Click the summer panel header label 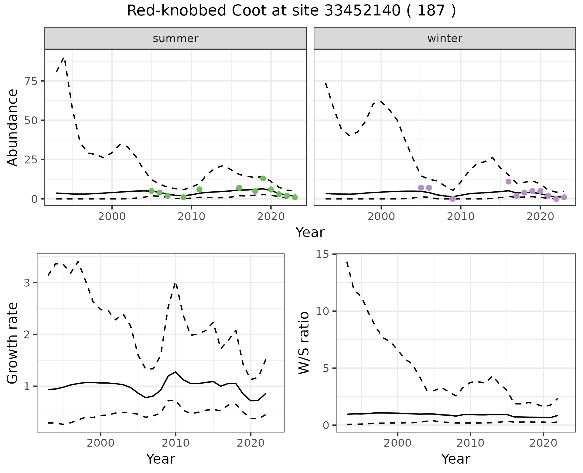point(176,39)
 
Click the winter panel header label point(445,39)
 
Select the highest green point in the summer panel point(263,178)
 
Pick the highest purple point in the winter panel point(509,181)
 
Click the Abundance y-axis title point(13,127)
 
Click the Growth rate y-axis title point(13,343)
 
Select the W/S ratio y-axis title point(304,343)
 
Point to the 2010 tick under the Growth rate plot point(176,443)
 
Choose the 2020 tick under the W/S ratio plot point(543,443)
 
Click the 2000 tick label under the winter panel point(381,216)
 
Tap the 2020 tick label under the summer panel point(271,216)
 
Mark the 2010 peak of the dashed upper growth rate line point(176,283)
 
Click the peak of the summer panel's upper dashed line point(64,58)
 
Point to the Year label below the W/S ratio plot point(455,459)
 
